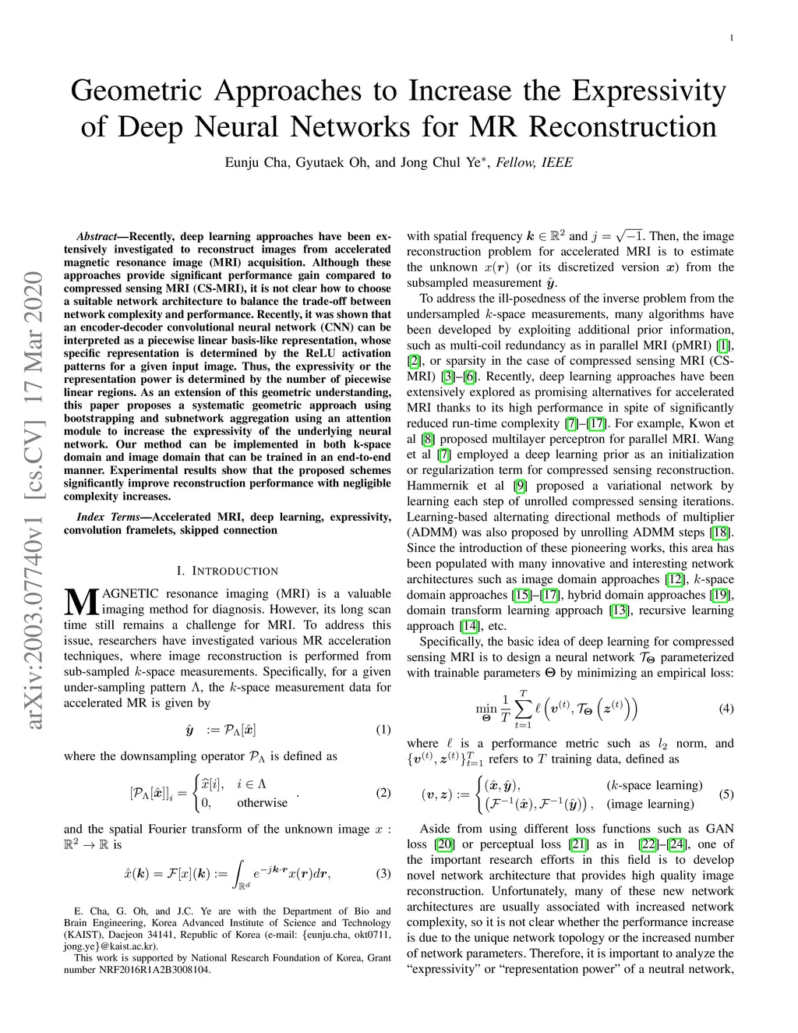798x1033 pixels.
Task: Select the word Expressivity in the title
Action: pos(650,91)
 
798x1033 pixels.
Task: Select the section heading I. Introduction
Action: pos(228,571)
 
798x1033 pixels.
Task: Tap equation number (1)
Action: pos(383,731)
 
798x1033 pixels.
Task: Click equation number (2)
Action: pos(383,793)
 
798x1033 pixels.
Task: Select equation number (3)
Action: pos(383,873)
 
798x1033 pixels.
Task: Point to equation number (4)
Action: pos(726,709)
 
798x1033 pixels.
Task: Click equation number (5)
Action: pos(726,794)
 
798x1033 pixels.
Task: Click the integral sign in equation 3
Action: pos(241,873)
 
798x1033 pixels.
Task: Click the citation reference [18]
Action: pos(720,532)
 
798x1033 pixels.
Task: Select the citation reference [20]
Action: pos(445,844)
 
